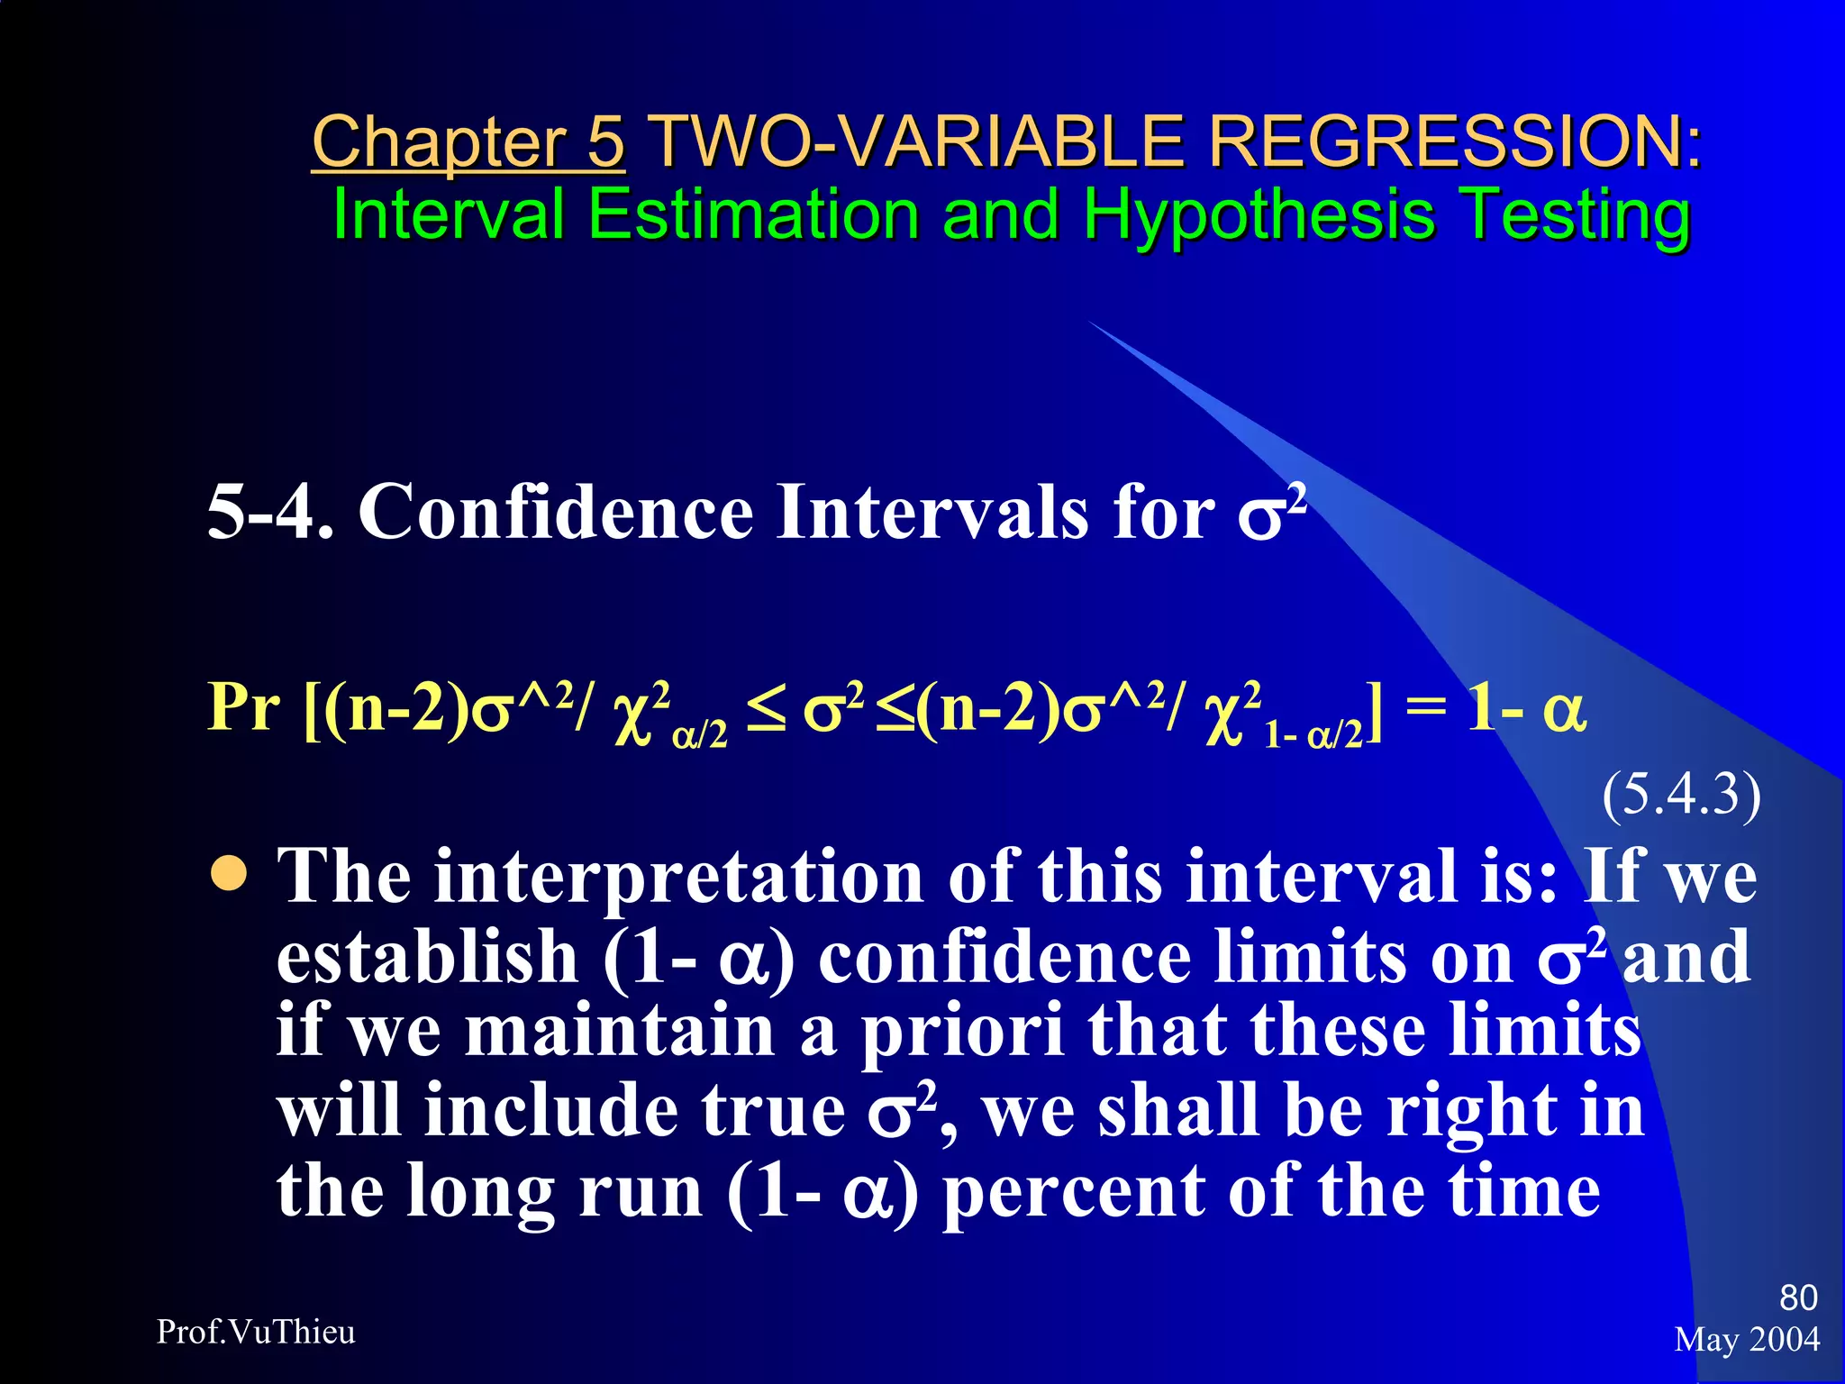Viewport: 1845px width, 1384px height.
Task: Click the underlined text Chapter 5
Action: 468,142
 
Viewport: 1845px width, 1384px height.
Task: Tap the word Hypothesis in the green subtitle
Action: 1259,216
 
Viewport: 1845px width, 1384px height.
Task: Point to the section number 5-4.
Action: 269,512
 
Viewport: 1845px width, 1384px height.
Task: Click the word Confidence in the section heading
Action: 556,512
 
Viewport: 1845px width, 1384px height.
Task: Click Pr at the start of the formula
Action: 243,708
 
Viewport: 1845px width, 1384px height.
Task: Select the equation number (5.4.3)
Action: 1680,795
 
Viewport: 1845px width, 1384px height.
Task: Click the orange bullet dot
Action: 229,872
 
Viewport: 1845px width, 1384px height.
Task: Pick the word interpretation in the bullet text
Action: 678,877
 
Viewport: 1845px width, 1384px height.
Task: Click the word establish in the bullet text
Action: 427,957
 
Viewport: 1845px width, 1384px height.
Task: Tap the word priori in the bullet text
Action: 962,1033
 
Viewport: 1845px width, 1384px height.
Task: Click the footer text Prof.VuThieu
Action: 256,1332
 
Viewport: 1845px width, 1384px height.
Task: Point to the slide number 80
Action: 1798,1297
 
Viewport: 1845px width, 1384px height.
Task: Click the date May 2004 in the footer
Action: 1747,1340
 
